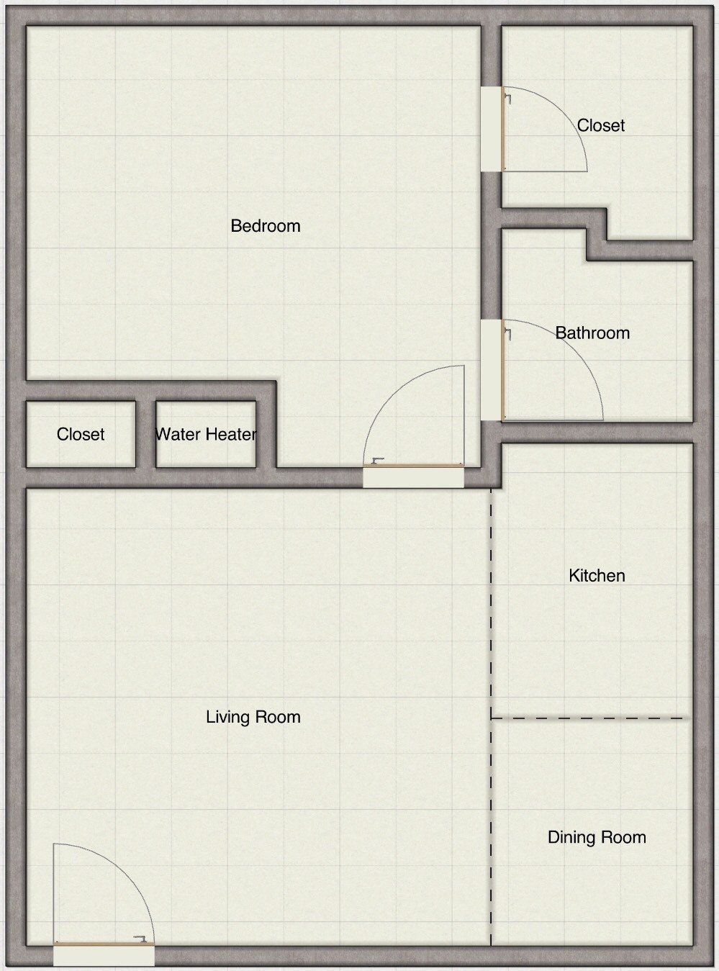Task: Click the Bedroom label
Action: pyautogui.click(x=265, y=226)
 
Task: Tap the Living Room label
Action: pyautogui.click(x=253, y=717)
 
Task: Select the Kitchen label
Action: pyautogui.click(x=597, y=576)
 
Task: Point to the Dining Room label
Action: pyautogui.click(x=597, y=837)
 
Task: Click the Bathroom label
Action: pyautogui.click(x=592, y=333)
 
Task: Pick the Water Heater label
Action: pyautogui.click(x=206, y=435)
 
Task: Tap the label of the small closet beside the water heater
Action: pyautogui.click(x=81, y=435)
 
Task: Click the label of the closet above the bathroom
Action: pyautogui.click(x=601, y=125)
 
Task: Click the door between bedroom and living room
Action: pyautogui.click(x=413, y=466)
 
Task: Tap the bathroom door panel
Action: pyautogui.click(x=503, y=370)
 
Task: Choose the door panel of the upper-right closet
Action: pyautogui.click(x=503, y=130)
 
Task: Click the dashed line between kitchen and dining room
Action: pyautogui.click(x=587, y=718)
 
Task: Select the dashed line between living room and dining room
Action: pyautogui.click(x=492, y=828)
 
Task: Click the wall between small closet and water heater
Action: pyautogui.click(x=145, y=434)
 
